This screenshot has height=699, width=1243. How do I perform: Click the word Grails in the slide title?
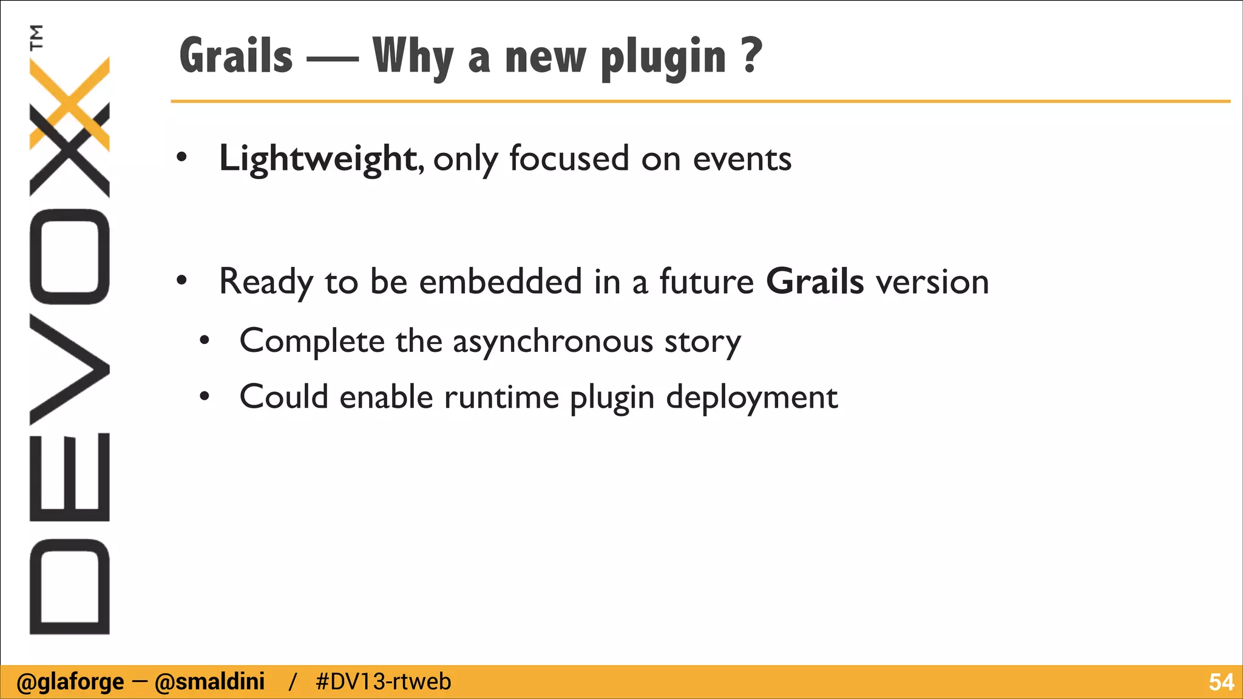(x=236, y=56)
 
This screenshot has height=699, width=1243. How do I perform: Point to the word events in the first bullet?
(x=742, y=159)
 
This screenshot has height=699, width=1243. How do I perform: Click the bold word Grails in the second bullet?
(x=815, y=282)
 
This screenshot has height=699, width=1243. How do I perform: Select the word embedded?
(x=501, y=282)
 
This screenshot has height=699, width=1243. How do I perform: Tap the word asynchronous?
(x=553, y=342)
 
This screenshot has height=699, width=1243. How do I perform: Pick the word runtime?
(x=501, y=398)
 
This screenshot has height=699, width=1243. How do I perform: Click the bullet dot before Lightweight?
(x=181, y=158)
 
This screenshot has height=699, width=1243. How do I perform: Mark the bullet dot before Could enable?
(x=205, y=397)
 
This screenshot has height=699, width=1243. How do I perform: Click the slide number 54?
(x=1221, y=682)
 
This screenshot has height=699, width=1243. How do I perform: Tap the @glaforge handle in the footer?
(x=70, y=682)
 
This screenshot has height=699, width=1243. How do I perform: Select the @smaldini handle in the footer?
(x=210, y=682)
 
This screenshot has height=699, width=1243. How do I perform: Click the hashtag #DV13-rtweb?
(x=384, y=682)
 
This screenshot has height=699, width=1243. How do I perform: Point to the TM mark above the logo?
(x=37, y=37)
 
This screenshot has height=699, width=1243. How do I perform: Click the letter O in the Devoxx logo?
(x=69, y=256)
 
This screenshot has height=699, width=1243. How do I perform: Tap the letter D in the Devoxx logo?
(x=69, y=586)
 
